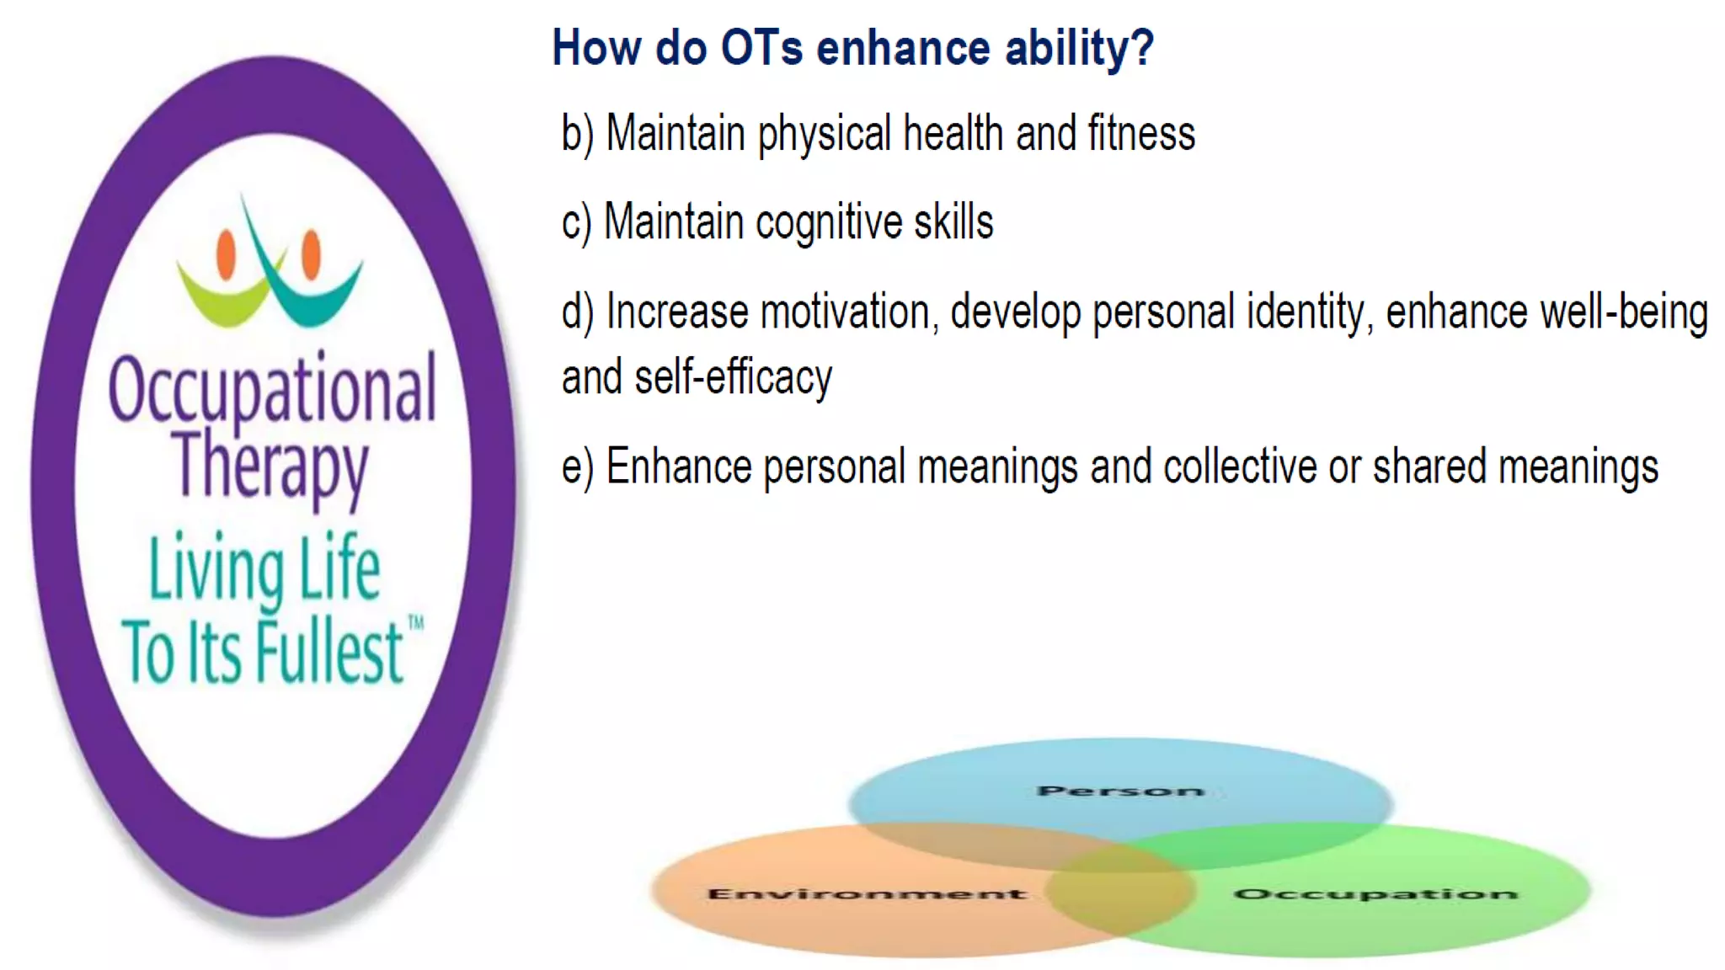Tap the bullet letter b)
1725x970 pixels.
pyautogui.click(x=578, y=134)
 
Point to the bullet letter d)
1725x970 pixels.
pyautogui.click(x=578, y=312)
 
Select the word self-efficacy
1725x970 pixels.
pyautogui.click(x=733, y=377)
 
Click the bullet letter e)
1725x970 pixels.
pyautogui.click(x=578, y=467)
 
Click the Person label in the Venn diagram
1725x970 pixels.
pyautogui.click(x=1120, y=791)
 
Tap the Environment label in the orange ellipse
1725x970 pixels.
pyautogui.click(x=867, y=893)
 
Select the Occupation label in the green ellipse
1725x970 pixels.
pyautogui.click(x=1375, y=893)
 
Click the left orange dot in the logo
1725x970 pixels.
pyautogui.click(x=226, y=253)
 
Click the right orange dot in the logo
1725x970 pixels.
pyautogui.click(x=312, y=253)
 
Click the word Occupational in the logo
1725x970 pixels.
pyautogui.click(x=272, y=389)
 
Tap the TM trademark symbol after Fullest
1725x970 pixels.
pyautogui.click(x=416, y=623)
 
